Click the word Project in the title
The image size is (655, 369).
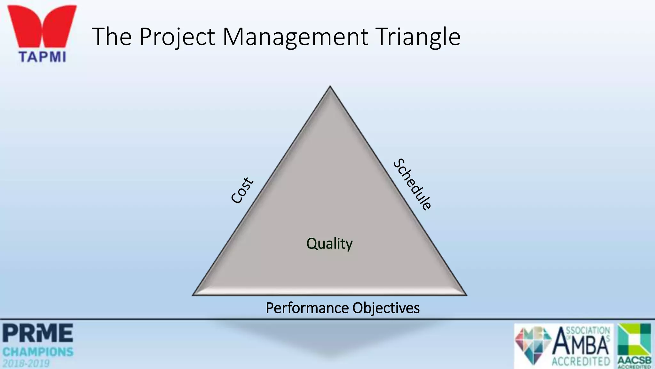pyautogui.click(x=177, y=37)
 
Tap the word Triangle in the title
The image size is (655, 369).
pyautogui.click(x=418, y=37)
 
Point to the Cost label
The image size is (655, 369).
pyautogui.click(x=242, y=190)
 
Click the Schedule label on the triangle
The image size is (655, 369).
pyautogui.click(x=413, y=184)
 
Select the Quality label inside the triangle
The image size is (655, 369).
pyautogui.click(x=329, y=244)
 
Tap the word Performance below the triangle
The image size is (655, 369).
pyautogui.click(x=307, y=308)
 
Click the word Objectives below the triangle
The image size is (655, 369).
pyautogui.click(x=386, y=308)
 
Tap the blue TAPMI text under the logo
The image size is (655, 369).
pyautogui.click(x=42, y=57)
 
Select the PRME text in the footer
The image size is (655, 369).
pyautogui.click(x=38, y=333)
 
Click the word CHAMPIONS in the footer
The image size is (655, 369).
pyautogui.click(x=38, y=352)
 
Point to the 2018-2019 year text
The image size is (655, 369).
pyautogui.click(x=26, y=364)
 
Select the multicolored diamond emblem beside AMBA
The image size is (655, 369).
pyautogui.click(x=533, y=344)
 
